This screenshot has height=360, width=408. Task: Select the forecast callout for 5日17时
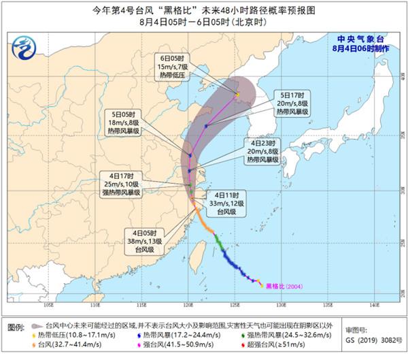[292, 102]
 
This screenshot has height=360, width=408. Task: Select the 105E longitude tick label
[48, 306]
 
